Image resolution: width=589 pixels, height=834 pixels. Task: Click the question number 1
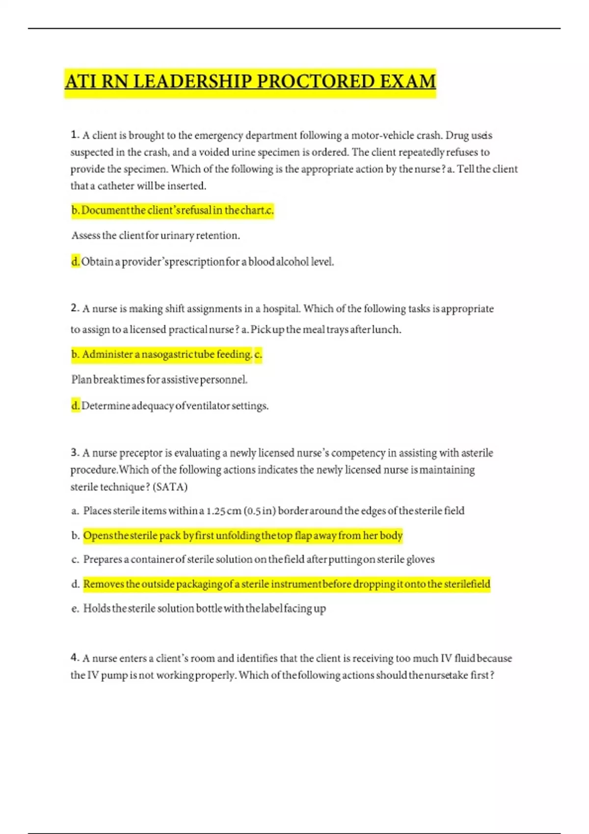coord(75,135)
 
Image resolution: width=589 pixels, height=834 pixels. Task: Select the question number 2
coord(75,309)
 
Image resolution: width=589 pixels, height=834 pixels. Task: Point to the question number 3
coord(75,452)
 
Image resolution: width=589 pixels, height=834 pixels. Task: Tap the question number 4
coord(75,658)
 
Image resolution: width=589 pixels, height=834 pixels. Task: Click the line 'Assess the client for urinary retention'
coord(156,235)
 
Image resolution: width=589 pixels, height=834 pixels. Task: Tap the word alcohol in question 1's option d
coord(292,262)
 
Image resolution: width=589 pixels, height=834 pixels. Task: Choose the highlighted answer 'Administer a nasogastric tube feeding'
coord(167,354)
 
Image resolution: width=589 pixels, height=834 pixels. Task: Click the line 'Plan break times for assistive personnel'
coord(160,380)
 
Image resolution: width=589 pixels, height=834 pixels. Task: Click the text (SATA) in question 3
coord(170,487)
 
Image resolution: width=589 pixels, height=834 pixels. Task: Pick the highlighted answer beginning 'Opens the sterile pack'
coord(243,535)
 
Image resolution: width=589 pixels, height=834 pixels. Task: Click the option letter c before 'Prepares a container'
coord(75,560)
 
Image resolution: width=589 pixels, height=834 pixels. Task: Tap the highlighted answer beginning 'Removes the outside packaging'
coord(287,584)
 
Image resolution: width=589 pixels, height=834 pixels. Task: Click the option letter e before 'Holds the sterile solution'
coord(75,609)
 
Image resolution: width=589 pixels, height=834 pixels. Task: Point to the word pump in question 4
coord(114,675)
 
